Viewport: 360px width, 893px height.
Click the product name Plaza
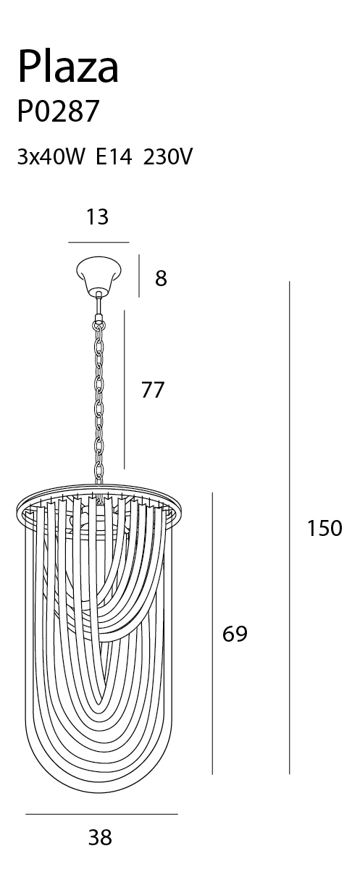(x=68, y=66)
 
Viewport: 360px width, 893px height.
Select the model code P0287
(x=58, y=112)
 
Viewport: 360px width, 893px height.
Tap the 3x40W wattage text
(x=51, y=156)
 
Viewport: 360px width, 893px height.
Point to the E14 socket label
(x=114, y=156)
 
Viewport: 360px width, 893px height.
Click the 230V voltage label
(x=167, y=156)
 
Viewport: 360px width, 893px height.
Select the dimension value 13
(x=97, y=217)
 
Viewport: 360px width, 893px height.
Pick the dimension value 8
(x=161, y=278)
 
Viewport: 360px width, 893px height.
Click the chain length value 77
(x=153, y=390)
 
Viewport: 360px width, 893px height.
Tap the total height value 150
(x=325, y=528)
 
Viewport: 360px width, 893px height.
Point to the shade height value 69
(x=235, y=634)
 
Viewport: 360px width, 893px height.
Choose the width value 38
(x=100, y=837)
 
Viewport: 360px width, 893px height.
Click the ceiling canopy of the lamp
(x=99, y=274)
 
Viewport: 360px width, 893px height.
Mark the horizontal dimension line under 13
(x=99, y=242)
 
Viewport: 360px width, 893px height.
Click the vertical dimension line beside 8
(x=139, y=276)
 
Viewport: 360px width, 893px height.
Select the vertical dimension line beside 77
(x=125, y=390)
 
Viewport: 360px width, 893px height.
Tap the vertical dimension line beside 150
(x=289, y=528)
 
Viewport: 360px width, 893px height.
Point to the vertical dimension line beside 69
(x=212, y=634)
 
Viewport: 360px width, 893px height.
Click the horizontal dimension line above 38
(x=101, y=814)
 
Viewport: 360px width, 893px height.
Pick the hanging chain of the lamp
(x=99, y=403)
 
